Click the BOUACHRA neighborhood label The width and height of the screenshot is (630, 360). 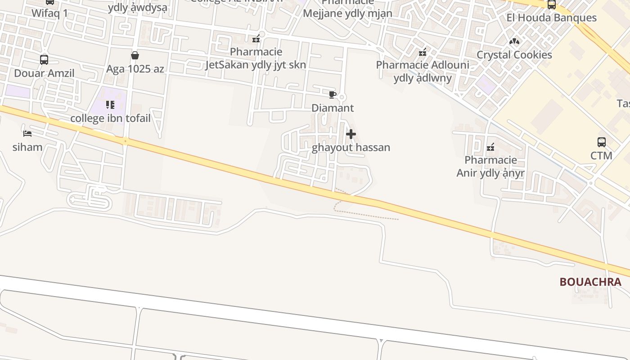tap(590, 282)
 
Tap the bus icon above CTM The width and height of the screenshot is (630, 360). tap(601, 142)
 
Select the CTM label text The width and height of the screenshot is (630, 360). tap(601, 156)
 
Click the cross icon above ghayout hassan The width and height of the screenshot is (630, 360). tap(351, 134)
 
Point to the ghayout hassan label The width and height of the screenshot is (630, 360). tap(351, 148)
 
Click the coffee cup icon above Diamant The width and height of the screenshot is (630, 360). tap(333, 94)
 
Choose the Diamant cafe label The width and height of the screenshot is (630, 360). tap(333, 108)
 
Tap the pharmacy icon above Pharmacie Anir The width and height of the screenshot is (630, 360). tap(490, 147)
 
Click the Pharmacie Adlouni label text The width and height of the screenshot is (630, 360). tap(423, 71)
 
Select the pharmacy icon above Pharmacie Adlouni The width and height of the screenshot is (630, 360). tap(423, 52)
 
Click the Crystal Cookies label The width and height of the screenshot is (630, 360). tap(514, 55)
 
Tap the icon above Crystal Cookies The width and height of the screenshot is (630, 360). tap(514, 41)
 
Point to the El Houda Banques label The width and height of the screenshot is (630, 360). tap(551, 18)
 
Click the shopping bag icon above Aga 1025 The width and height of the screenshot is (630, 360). tap(135, 55)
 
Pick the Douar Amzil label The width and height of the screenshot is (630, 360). tap(44, 73)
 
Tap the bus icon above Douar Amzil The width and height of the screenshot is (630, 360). tap(44, 59)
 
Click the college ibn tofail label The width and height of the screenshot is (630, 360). tap(110, 118)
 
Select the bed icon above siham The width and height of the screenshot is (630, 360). tap(27, 134)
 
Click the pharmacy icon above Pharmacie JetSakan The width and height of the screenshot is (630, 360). tap(256, 39)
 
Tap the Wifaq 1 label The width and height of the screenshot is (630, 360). tap(49, 13)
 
